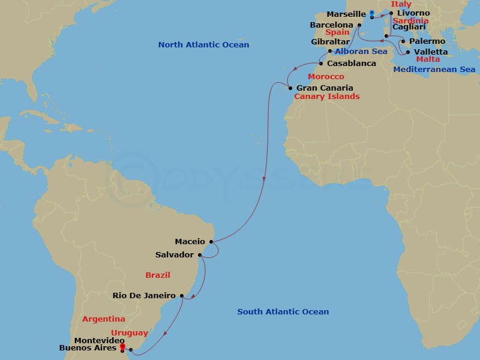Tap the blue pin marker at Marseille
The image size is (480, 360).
pyautogui.click(x=372, y=13)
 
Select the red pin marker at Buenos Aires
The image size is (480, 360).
pyautogui.click(x=122, y=346)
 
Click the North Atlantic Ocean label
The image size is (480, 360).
pyautogui.click(x=203, y=45)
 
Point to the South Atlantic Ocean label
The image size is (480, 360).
pyautogui.click(x=283, y=312)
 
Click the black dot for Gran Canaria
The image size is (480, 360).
pyautogui.click(x=290, y=88)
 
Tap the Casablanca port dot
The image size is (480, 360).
pyautogui.click(x=321, y=64)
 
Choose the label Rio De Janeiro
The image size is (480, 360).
pyautogui.click(x=144, y=295)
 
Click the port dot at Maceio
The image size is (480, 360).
pyautogui.click(x=211, y=242)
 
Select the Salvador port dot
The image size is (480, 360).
pyautogui.click(x=200, y=255)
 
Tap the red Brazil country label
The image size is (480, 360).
pyautogui.click(x=158, y=275)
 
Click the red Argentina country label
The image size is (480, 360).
pyautogui.click(x=104, y=319)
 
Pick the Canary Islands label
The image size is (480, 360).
pyautogui.click(x=327, y=97)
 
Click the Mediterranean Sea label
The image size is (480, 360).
pyautogui.click(x=434, y=70)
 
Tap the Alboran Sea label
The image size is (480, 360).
pyautogui.click(x=361, y=52)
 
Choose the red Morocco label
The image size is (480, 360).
pyautogui.click(x=326, y=77)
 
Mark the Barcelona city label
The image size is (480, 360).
pyautogui.click(x=331, y=25)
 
